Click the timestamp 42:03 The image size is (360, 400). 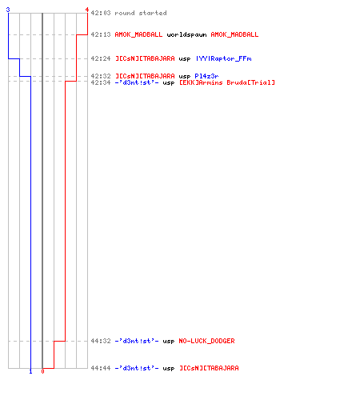(x=101, y=13)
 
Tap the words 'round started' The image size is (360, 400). (x=141, y=13)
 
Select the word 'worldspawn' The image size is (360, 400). (x=186, y=34)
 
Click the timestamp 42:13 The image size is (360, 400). (x=101, y=34)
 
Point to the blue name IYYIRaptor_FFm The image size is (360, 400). (x=224, y=58)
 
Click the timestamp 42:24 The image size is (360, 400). (x=101, y=58)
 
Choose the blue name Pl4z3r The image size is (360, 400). (x=206, y=76)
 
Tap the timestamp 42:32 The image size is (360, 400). (x=101, y=76)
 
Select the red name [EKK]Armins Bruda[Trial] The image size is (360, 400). (x=227, y=82)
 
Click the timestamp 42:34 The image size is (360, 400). (x=101, y=82)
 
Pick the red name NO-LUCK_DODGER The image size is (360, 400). (x=206, y=341)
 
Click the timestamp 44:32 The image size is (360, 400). (x=101, y=341)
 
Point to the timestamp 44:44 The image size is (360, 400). (x=101, y=368)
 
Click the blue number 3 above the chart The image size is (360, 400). (x=8, y=10)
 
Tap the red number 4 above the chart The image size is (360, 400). (x=87, y=10)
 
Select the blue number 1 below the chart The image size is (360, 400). (x=30, y=371)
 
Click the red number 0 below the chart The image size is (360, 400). (x=42, y=371)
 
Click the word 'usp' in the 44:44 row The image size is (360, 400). (x=169, y=369)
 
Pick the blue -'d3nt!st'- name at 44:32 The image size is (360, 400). (x=137, y=341)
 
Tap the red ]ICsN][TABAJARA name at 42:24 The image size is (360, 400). (x=145, y=58)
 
